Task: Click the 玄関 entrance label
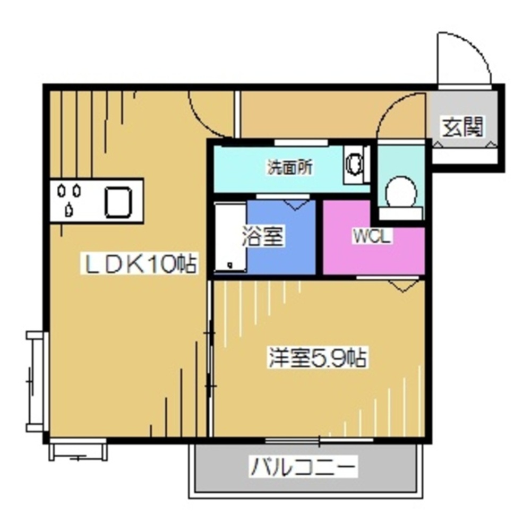point(464,127)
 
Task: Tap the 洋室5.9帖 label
point(317,359)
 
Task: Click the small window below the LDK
point(78,450)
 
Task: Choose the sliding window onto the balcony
point(319,440)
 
